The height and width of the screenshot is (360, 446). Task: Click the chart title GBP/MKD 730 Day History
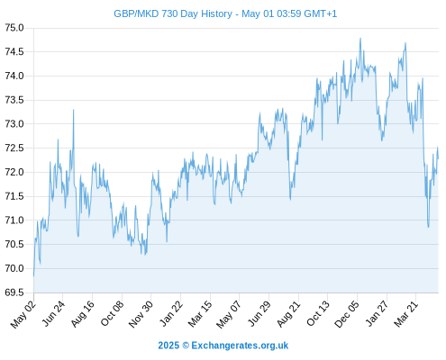173,13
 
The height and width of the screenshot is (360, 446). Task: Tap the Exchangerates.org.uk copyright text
223,346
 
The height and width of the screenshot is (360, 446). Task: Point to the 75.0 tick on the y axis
14,28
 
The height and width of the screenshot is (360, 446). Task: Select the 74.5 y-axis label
14,52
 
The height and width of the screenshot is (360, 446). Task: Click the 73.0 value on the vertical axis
14,124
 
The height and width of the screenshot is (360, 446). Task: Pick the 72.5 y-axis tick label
14,148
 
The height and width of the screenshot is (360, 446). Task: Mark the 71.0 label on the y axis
14,220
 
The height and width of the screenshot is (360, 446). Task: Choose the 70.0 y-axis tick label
14,268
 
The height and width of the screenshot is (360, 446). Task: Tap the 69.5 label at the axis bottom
14,292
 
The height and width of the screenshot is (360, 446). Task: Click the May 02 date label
23,314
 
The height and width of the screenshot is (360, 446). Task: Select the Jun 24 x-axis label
53,313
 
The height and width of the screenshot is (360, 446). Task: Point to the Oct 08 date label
112,313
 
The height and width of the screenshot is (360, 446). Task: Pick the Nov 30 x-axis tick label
141,314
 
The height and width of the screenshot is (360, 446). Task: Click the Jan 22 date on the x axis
171,313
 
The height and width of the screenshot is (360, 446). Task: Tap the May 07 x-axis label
229,314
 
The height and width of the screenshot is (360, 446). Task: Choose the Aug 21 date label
288,313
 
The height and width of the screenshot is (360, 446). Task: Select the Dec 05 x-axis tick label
347,314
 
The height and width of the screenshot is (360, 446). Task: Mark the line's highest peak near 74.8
360,39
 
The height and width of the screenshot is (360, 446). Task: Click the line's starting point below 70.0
33,275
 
